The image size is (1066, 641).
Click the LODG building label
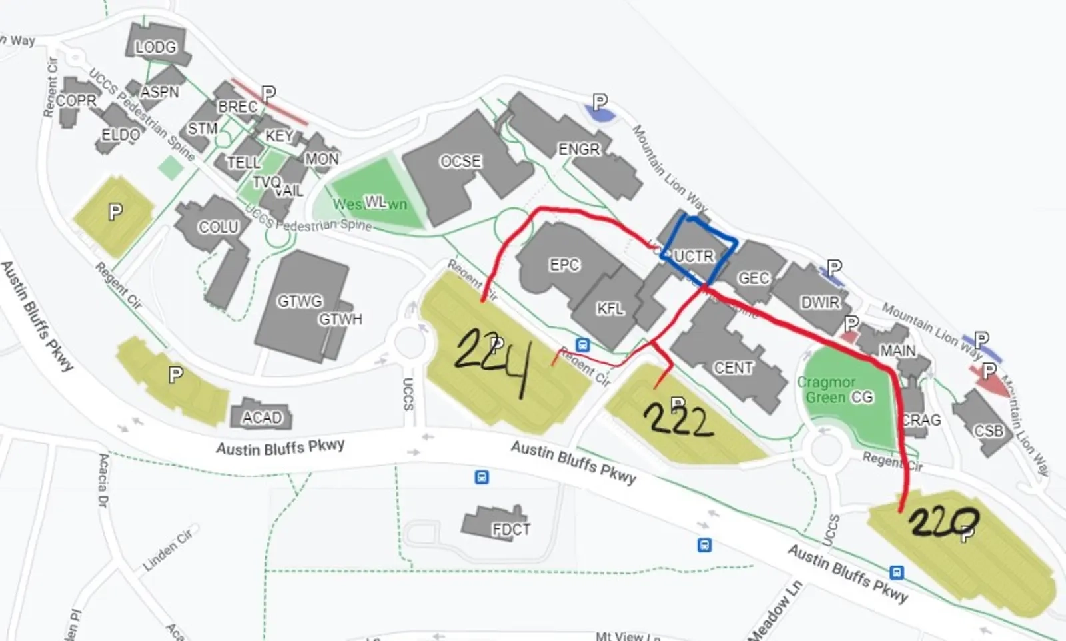(x=155, y=47)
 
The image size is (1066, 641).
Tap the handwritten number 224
(x=492, y=360)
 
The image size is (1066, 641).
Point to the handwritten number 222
(x=678, y=420)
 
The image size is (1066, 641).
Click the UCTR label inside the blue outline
(x=694, y=256)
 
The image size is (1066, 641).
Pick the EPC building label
(x=564, y=265)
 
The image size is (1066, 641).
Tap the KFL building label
(x=610, y=308)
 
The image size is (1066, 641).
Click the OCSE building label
(x=460, y=161)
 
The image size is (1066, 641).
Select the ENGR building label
(x=579, y=149)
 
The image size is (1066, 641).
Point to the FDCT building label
(x=511, y=529)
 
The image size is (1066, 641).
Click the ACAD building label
(x=262, y=418)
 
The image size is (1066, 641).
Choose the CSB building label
(x=989, y=431)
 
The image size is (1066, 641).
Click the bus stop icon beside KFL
(x=583, y=345)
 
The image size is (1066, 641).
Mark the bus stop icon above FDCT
(x=482, y=477)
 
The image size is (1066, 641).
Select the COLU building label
(x=219, y=227)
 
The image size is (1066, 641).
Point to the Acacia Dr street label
(x=103, y=480)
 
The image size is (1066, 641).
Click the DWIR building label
(x=820, y=303)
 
